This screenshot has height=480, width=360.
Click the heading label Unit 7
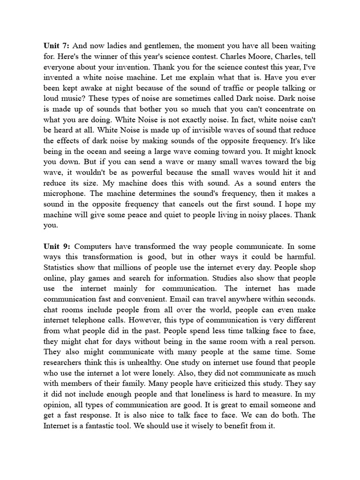(57, 46)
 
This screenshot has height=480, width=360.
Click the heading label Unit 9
(57, 246)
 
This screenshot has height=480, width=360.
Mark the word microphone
(65, 194)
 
